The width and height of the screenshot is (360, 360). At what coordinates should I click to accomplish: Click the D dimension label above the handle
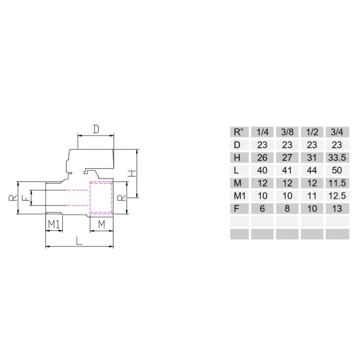point(95,129)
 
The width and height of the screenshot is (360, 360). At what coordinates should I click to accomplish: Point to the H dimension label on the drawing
point(132,173)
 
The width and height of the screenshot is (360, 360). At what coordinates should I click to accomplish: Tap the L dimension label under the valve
point(79,240)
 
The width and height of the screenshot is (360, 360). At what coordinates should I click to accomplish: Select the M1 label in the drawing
point(54,224)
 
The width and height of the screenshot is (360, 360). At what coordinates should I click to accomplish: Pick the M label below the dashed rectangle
point(102,224)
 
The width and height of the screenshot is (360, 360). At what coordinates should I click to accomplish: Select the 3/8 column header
point(287,132)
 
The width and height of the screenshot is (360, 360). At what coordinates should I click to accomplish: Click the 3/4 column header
point(337,132)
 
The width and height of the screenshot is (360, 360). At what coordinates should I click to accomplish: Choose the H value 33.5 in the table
point(337,157)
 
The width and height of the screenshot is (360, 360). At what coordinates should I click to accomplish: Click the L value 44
point(312,170)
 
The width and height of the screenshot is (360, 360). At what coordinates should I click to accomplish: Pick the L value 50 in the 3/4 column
point(337,170)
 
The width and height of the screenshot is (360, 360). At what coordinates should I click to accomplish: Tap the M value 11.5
point(337,183)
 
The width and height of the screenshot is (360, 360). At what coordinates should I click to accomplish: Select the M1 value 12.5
point(337,195)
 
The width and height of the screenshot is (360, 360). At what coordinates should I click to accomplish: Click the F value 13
point(337,208)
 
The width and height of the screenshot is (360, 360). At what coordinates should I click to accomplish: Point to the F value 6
point(262,208)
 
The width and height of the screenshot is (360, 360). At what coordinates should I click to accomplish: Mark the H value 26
point(262,157)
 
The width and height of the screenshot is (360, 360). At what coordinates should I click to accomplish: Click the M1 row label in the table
point(239,195)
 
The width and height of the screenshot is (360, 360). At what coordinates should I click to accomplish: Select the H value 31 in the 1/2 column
point(312,157)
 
